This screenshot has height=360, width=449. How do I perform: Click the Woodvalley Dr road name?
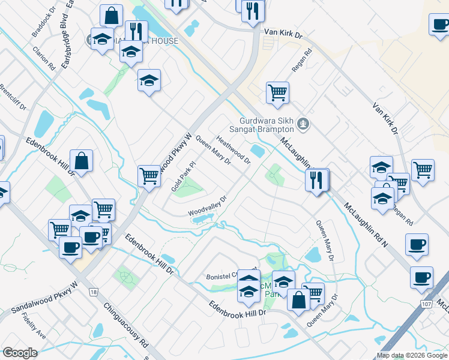pos(208,206)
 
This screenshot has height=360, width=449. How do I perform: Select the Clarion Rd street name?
pos(44,58)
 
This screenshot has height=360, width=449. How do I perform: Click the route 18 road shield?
pos(93,292)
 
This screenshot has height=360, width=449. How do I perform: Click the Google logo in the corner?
pos(19,353)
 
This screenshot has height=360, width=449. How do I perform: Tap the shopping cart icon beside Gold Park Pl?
pos(149,176)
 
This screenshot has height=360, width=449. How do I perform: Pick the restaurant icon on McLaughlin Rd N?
pos(316,179)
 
